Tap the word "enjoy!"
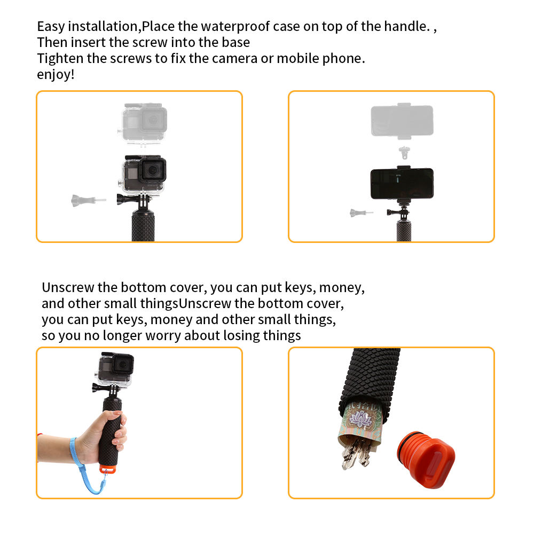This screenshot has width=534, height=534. pyautogui.click(x=56, y=74)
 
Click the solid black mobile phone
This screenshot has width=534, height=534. pyautogui.click(x=402, y=183)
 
